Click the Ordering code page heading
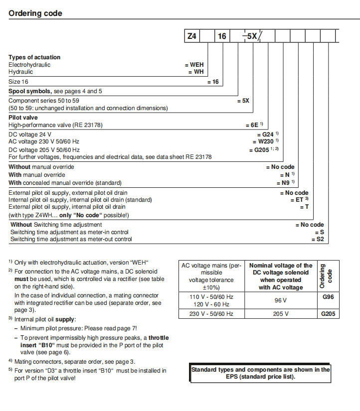tap(35, 13)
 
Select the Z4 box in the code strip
tap(192, 36)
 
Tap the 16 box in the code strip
tap(222, 36)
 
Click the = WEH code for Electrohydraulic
tap(194, 65)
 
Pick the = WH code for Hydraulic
tap(196, 72)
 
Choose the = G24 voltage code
tap(267, 135)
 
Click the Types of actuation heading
tap(34, 58)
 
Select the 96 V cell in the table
tap(281, 300)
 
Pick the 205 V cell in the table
tap(281, 314)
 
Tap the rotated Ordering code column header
tap(325, 276)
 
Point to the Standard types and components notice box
tap(261, 373)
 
